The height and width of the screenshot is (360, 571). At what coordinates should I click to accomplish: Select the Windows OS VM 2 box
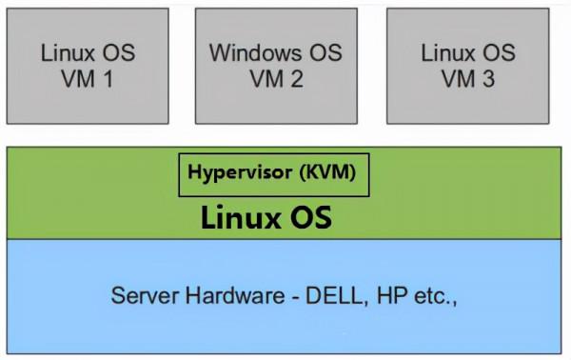pyautogui.click(x=276, y=67)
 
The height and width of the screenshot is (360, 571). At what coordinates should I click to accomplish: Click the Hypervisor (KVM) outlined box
pyautogui.click(x=274, y=175)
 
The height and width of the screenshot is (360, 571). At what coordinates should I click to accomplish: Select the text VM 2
pyautogui.click(x=277, y=79)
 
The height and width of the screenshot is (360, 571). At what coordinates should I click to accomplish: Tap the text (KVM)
pyautogui.click(x=327, y=174)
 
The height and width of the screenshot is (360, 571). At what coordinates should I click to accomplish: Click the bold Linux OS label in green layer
pyautogui.click(x=266, y=218)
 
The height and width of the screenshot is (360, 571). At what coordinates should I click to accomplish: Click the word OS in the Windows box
pyautogui.click(x=324, y=51)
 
